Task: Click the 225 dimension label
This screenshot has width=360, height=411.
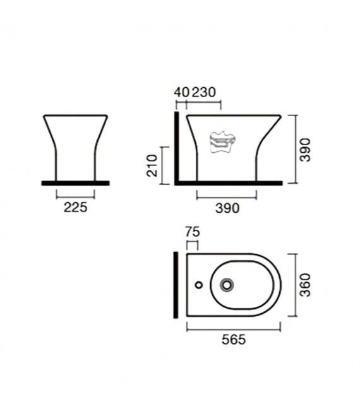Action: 75,206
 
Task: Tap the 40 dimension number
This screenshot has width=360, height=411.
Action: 181,92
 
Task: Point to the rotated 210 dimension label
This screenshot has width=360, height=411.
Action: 152,165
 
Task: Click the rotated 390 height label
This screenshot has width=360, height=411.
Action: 305,150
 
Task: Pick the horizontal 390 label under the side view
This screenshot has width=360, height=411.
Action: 227,208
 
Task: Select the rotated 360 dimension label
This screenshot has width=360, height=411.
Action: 305,285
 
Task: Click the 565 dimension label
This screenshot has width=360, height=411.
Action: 233,338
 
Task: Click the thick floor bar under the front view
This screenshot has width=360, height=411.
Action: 75,183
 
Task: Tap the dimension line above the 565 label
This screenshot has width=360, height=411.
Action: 233,328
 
